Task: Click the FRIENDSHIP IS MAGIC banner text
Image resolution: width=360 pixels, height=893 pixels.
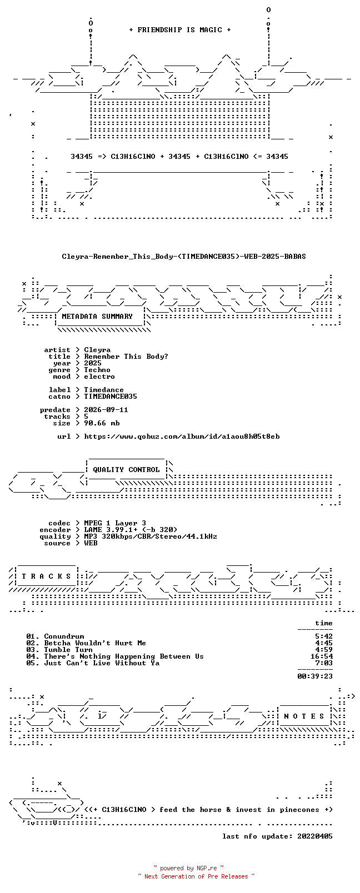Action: pos(180,30)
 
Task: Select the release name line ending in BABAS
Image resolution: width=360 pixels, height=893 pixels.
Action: pos(184,257)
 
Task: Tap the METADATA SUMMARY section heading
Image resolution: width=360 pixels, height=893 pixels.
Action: pos(97,317)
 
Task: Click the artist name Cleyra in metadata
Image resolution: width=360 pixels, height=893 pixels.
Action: pos(97,350)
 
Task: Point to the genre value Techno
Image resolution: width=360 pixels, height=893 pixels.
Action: pos(97,370)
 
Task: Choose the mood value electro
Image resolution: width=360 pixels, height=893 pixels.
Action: pos(99,377)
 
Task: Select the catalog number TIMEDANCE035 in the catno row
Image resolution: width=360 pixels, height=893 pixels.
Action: pos(111,397)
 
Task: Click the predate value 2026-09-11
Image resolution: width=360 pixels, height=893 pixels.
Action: pos(106,410)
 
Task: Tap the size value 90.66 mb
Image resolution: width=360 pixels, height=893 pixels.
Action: pos(102,423)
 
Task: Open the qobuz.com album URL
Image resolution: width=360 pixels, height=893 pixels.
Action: pos(182,437)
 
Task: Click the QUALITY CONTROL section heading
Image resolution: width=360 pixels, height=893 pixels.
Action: pos(126,470)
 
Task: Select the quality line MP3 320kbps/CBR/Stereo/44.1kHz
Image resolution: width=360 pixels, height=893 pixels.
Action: pos(151,536)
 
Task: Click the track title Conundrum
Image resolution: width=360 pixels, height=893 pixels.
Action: pos(64,636)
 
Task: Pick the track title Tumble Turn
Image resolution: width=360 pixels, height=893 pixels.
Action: pos(68,650)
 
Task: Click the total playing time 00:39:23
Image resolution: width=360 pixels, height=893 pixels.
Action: pos(315,676)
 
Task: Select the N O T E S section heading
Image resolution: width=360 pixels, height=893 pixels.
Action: pos(305,716)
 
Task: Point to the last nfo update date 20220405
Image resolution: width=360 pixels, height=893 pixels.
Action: pos(315,836)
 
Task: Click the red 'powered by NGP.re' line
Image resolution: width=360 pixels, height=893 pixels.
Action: pos(188,868)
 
